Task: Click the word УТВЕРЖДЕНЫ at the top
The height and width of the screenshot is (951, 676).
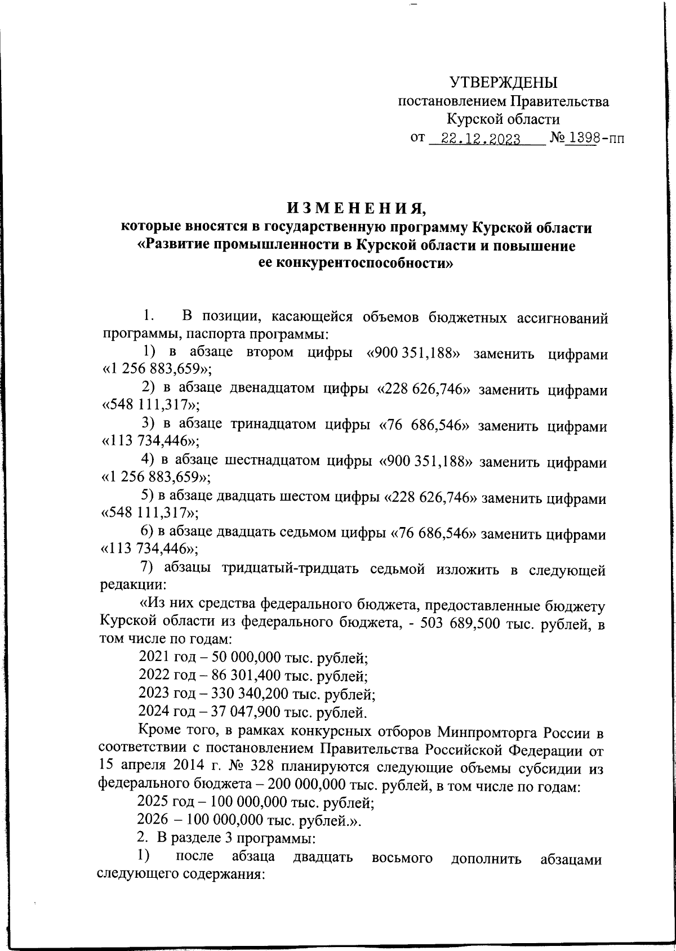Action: click(503, 83)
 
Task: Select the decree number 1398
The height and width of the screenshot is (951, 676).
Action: click(580, 139)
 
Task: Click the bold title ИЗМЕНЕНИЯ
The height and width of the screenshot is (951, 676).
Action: click(357, 209)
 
